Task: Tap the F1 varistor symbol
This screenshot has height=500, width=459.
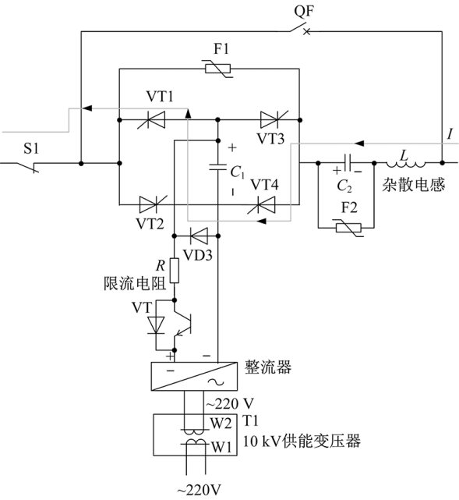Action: (218, 69)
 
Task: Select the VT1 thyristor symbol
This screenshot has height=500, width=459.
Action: (152, 120)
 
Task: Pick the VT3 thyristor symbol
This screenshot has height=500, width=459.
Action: (274, 120)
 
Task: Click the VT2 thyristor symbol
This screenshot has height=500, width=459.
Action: (153, 204)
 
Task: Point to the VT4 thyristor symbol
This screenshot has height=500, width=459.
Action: (262, 204)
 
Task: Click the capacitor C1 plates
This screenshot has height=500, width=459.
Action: (218, 166)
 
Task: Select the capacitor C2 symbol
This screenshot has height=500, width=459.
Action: (348, 163)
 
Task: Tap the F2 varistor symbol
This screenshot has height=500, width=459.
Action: (349, 228)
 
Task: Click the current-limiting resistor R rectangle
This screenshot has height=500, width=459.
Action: (175, 271)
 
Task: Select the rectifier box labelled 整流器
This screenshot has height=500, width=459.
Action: (194, 376)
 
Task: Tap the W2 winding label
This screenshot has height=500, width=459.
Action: (221, 424)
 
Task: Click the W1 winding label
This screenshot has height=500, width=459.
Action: (221, 448)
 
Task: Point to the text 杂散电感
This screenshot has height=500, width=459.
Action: (413, 185)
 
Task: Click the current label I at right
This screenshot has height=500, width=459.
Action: (450, 134)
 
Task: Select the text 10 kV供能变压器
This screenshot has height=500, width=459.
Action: (302, 441)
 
